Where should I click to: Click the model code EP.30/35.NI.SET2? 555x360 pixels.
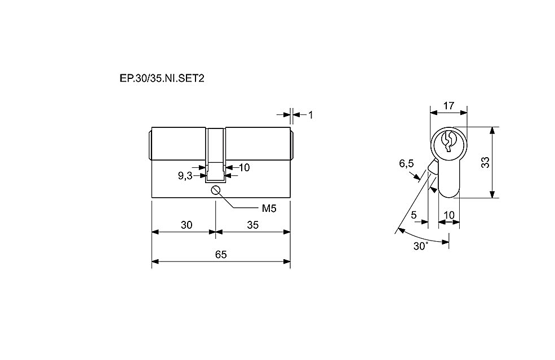click(162, 78)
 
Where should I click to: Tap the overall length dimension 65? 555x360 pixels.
click(221, 255)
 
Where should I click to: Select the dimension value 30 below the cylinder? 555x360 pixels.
click(187, 225)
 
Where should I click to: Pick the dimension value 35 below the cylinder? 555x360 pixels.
click(253, 225)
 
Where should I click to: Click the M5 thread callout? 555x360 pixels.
click(269, 208)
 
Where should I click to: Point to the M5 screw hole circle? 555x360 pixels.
click(216, 190)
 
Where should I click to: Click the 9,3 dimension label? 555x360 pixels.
click(185, 176)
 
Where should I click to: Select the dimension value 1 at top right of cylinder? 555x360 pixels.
click(310, 115)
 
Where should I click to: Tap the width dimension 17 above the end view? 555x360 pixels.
click(449, 105)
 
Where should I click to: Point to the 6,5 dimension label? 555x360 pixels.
click(406, 163)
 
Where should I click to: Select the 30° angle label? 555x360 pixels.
click(421, 246)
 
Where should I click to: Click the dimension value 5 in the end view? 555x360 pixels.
click(414, 215)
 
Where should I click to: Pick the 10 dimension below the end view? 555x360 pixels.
click(449, 215)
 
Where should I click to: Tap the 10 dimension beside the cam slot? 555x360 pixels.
click(244, 167)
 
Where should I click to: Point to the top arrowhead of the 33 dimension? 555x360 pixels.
click(492, 131)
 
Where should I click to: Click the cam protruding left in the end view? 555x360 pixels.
click(432, 166)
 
